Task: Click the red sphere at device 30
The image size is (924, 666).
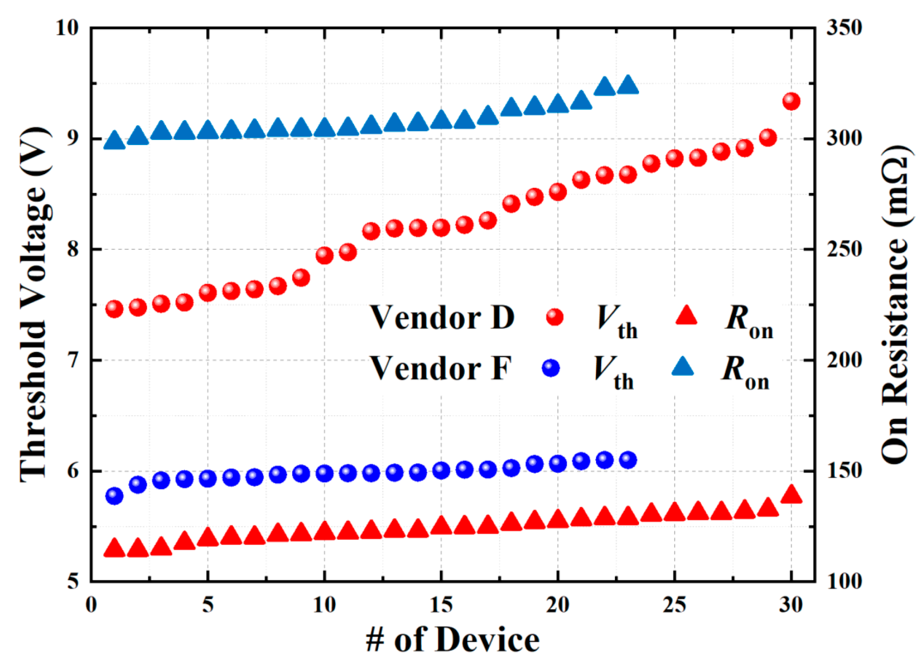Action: [791, 101]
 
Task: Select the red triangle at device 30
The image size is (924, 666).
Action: [791, 495]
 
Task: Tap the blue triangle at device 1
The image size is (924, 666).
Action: [114, 140]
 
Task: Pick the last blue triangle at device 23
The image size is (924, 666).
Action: [627, 85]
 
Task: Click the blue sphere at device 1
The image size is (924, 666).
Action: [114, 495]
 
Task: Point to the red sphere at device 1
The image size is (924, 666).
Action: [114, 309]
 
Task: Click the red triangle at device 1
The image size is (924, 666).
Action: [114, 549]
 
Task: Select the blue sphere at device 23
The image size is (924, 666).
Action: [627, 460]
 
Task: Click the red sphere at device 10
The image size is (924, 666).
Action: [324, 255]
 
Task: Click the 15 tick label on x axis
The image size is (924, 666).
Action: [441, 605]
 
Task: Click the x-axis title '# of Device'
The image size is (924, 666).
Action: [452, 640]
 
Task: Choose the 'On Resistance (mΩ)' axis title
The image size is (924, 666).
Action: [895, 304]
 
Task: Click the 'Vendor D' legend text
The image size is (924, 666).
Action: [442, 317]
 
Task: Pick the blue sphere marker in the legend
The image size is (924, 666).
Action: [551, 368]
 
